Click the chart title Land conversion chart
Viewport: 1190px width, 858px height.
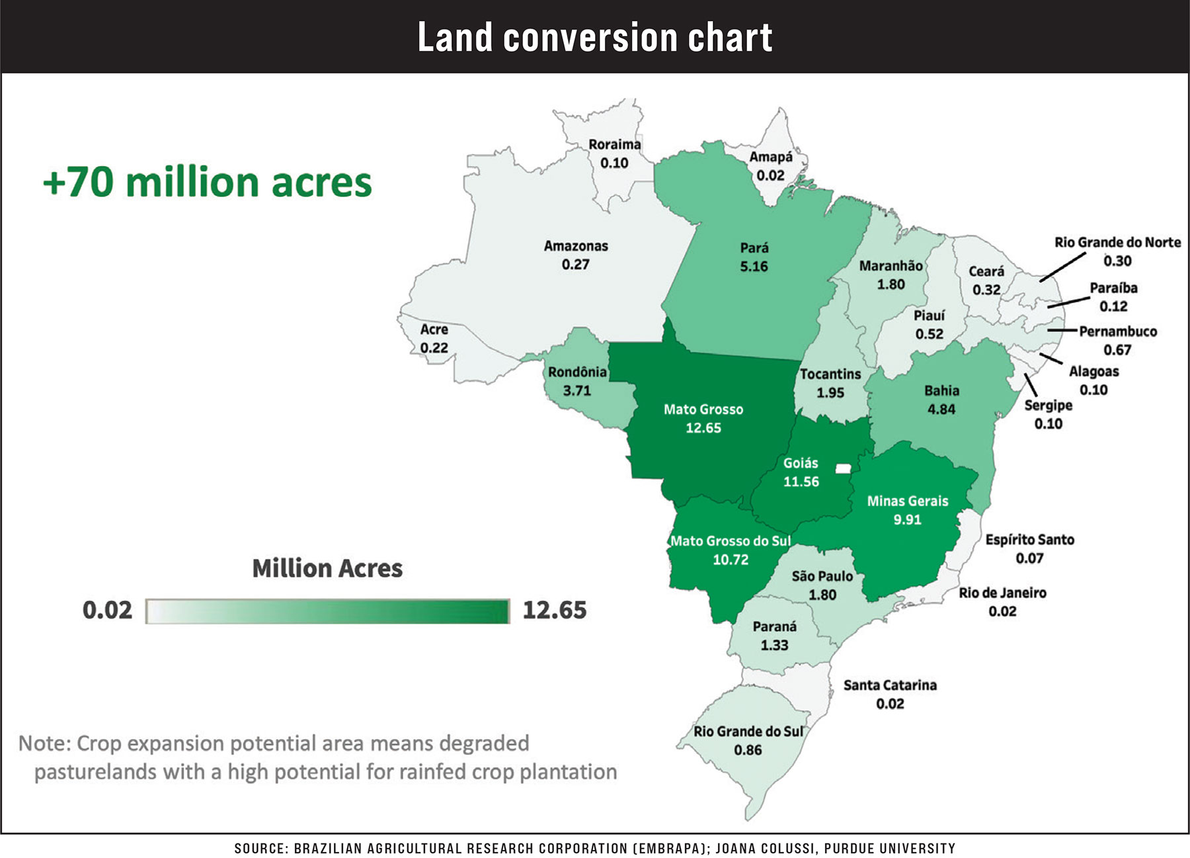pyautogui.click(x=594, y=37)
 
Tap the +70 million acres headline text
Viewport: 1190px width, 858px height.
pyautogui.click(x=208, y=182)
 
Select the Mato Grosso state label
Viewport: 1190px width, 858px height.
pyautogui.click(x=703, y=409)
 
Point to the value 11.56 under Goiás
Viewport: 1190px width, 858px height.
pyautogui.click(x=801, y=482)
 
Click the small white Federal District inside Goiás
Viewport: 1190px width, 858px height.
pyautogui.click(x=843, y=468)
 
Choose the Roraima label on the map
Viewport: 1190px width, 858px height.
pyautogui.click(x=614, y=144)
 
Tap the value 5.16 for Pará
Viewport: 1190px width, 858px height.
pyautogui.click(x=754, y=267)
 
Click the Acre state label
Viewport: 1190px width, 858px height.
pyautogui.click(x=434, y=329)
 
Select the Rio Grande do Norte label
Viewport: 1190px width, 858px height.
pyautogui.click(x=1117, y=242)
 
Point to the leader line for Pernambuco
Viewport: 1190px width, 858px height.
pyautogui.click(x=1062, y=330)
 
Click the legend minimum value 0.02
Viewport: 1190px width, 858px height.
pyautogui.click(x=107, y=610)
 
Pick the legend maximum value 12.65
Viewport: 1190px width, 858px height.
pyautogui.click(x=554, y=610)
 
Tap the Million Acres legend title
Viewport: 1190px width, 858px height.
pyautogui.click(x=327, y=568)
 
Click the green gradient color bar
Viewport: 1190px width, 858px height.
pyautogui.click(x=327, y=611)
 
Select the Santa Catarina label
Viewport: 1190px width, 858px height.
pyautogui.click(x=890, y=685)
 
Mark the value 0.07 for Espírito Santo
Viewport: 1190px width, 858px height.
pyautogui.click(x=1029, y=558)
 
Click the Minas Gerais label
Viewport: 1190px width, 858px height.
pyautogui.click(x=907, y=501)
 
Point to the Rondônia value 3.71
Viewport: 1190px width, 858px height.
pyautogui.click(x=576, y=390)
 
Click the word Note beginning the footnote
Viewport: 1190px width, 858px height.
pyautogui.click(x=43, y=744)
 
